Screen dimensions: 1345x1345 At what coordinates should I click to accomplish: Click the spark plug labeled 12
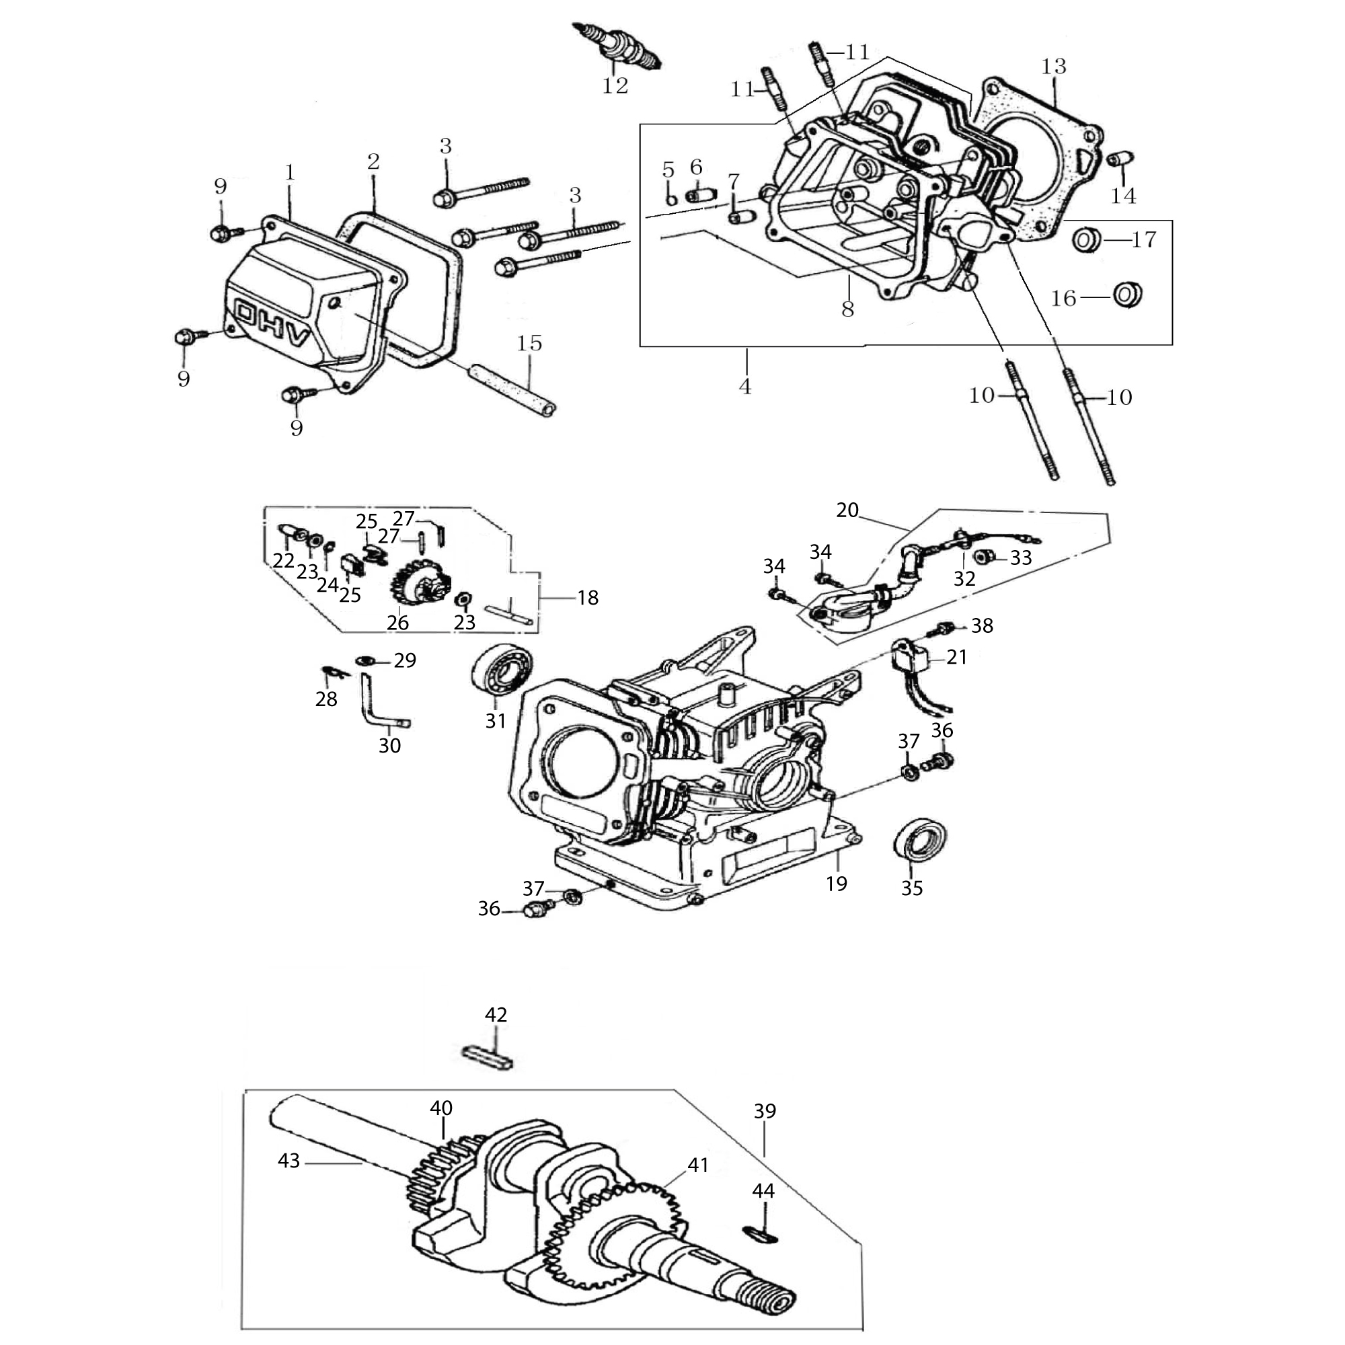tap(616, 46)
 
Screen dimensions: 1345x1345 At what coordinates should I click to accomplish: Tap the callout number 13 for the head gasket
tap(1053, 67)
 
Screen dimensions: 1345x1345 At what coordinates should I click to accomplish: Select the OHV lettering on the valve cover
tap(272, 324)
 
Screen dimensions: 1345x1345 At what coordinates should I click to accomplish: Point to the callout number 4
tap(745, 387)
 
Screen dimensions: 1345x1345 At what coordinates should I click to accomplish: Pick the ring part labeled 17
tap(1085, 240)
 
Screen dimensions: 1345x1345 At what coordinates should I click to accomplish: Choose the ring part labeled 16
tap(1128, 295)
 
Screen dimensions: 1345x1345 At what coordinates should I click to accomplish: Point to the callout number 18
tap(588, 597)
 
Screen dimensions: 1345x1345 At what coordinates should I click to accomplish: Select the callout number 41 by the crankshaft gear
tap(697, 1165)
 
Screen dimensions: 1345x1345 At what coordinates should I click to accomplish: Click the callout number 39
tap(765, 1111)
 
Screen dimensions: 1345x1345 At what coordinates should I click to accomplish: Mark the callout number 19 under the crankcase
tap(836, 884)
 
